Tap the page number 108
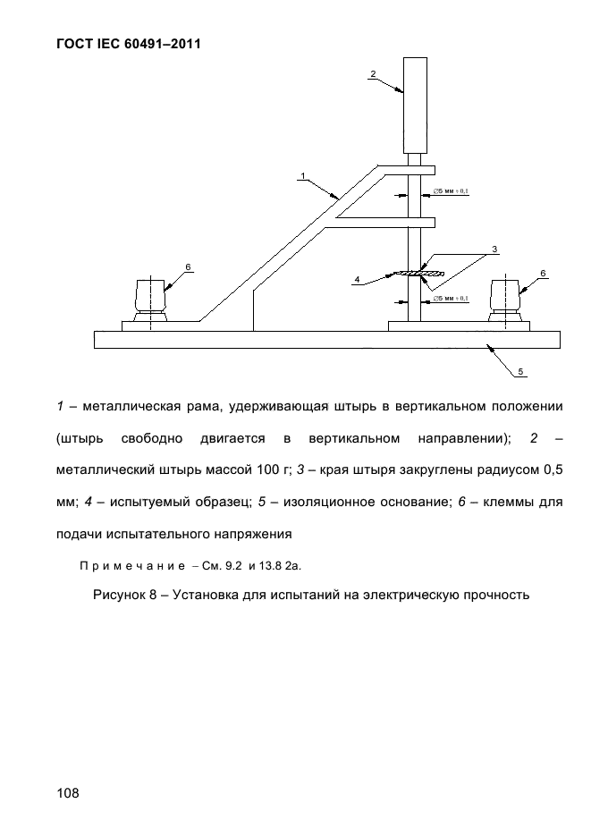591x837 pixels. pos(68,792)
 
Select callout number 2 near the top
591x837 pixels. pos(373,74)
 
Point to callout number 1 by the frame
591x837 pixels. pos(304,175)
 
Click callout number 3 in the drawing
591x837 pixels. pos(494,249)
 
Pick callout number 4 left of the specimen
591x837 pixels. pos(357,280)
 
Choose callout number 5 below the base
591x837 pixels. pos(522,370)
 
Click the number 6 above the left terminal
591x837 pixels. pos(189,266)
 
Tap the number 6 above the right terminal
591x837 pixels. pos(543,272)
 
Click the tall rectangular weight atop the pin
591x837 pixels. pos(416,106)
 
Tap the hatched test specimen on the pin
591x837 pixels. pos(417,273)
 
